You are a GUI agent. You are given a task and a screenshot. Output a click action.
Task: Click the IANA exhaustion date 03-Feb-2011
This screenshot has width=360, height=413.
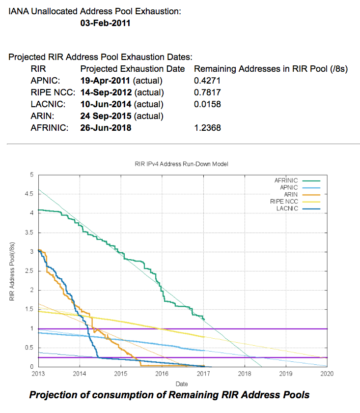click(x=105, y=23)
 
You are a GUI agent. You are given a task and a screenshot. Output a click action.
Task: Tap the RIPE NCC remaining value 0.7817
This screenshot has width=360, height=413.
click(x=208, y=92)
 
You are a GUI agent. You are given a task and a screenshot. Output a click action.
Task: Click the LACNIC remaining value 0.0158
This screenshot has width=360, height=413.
click(x=208, y=104)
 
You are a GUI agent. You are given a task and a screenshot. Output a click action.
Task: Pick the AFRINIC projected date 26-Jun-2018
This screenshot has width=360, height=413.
click(x=106, y=128)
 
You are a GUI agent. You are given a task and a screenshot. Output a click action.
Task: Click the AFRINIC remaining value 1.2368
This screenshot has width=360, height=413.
click(x=208, y=128)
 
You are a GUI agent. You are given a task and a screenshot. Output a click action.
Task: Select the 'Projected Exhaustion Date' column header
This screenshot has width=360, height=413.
click(x=133, y=69)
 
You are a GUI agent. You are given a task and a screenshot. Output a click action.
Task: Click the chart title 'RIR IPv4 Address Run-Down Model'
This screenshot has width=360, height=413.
click(x=182, y=164)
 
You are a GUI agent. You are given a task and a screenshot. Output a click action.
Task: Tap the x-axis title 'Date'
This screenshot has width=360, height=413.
click(x=182, y=383)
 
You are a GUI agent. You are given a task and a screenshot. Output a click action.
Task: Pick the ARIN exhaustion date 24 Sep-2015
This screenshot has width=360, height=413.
click(x=106, y=116)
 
